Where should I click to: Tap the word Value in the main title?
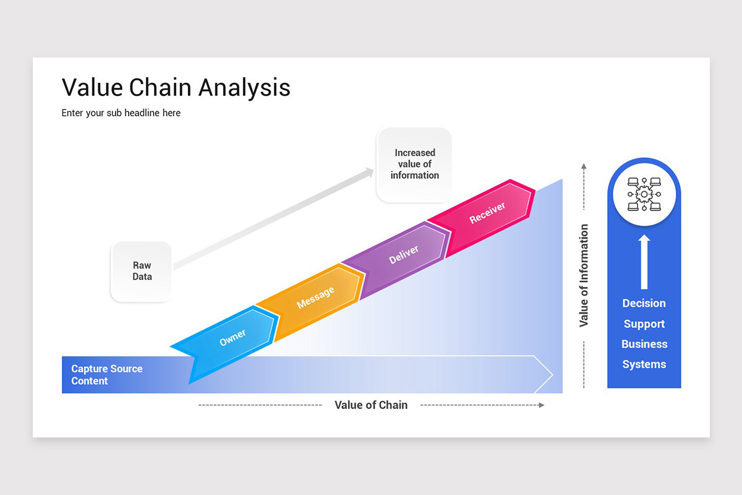(x=92, y=87)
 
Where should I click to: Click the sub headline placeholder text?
(x=121, y=113)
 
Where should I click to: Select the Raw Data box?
(x=142, y=271)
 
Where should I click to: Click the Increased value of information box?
(x=414, y=164)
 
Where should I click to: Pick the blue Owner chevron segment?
(x=232, y=338)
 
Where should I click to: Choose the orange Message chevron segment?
(x=315, y=298)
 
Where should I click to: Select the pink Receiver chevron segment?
(x=487, y=213)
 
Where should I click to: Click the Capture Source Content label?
(x=106, y=374)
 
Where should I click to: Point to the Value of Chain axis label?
(x=371, y=405)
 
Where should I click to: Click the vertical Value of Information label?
(x=584, y=276)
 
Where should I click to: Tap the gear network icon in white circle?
(x=644, y=194)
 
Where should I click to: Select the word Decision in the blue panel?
(x=644, y=303)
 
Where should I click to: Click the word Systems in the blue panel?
(x=644, y=364)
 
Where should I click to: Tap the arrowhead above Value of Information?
(x=583, y=166)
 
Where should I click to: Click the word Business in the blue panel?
(x=644, y=344)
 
